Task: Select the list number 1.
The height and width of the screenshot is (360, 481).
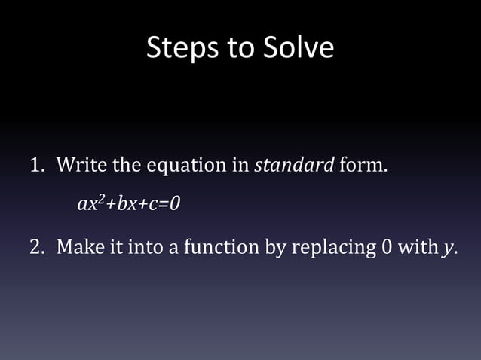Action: pos(35,165)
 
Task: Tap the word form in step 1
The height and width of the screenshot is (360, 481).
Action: pos(362,165)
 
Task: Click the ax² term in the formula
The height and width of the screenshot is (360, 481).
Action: pos(89,203)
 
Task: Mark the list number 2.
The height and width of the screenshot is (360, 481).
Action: pos(35,246)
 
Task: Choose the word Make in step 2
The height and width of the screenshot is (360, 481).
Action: pos(81,246)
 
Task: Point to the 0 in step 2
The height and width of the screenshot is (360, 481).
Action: pos(388,246)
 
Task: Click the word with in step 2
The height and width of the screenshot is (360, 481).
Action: pos(417,246)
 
